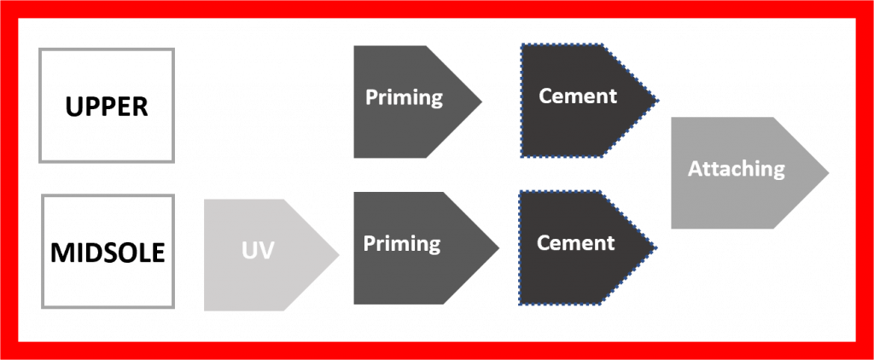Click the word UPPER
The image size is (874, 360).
pos(107,107)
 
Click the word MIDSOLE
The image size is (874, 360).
pos(107,253)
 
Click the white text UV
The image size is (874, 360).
pos(257,253)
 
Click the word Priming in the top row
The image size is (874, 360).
pos(404,97)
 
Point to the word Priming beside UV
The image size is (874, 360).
pos(402,245)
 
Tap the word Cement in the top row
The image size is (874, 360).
pos(578,96)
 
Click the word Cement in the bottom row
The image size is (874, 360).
pos(575,243)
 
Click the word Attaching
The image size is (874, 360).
pos(736,169)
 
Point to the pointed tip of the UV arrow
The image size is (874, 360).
pos(338,254)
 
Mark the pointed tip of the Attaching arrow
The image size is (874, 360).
pos(827,173)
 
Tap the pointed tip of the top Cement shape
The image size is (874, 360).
pos(658,102)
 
